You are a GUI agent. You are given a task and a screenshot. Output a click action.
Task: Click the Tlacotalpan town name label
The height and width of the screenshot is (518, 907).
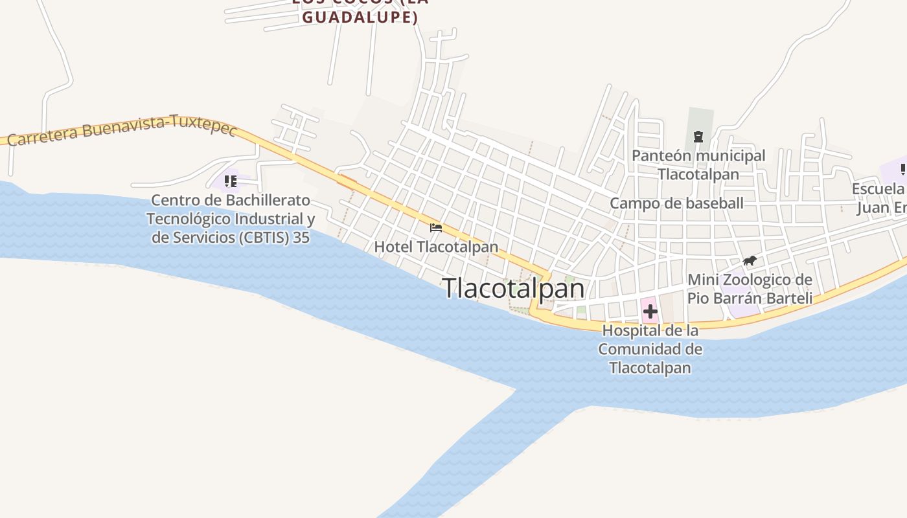pos(514,288)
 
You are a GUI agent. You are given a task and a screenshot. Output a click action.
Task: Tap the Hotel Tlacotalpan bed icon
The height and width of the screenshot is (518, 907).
pos(436,228)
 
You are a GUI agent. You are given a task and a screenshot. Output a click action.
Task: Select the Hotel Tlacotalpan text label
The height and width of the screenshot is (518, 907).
pos(436,247)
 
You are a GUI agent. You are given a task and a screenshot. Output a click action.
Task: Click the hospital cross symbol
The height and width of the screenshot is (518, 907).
pos(650,311)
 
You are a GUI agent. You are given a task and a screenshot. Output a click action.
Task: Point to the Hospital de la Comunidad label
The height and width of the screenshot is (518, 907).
pos(650,349)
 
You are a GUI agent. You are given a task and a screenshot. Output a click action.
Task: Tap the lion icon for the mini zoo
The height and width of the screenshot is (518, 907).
pos(750,261)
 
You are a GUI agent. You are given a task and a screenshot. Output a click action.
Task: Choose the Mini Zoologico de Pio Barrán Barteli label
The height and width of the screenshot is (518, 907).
pos(750,289)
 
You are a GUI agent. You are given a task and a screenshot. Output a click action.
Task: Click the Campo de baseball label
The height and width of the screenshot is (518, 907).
pos(676,203)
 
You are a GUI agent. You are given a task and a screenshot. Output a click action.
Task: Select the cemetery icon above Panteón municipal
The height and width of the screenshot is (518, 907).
pos(698,137)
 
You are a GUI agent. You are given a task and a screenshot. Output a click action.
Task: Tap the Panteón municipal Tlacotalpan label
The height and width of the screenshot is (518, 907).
pos(698,164)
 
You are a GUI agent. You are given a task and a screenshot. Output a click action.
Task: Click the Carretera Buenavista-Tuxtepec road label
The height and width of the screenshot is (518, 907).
pos(122,131)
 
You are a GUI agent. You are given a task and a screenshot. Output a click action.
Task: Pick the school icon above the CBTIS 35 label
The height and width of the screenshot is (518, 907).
pos(230,181)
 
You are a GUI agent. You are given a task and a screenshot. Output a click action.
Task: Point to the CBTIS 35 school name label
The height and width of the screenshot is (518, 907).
pos(231,219)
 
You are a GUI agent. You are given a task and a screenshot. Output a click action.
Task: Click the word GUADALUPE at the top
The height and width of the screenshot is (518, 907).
pos(360,17)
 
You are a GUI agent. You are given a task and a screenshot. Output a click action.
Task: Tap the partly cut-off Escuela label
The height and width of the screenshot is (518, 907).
pos(878,189)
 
